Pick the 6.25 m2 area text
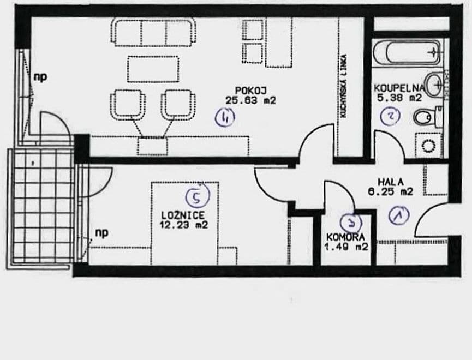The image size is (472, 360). coord(391,191)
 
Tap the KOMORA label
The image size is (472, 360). coord(345,237)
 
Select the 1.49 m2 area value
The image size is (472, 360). coord(347,247)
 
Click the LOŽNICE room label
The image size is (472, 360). coord(183,216)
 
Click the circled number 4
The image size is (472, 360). coord(225,117)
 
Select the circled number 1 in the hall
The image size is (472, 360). coord(399,216)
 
